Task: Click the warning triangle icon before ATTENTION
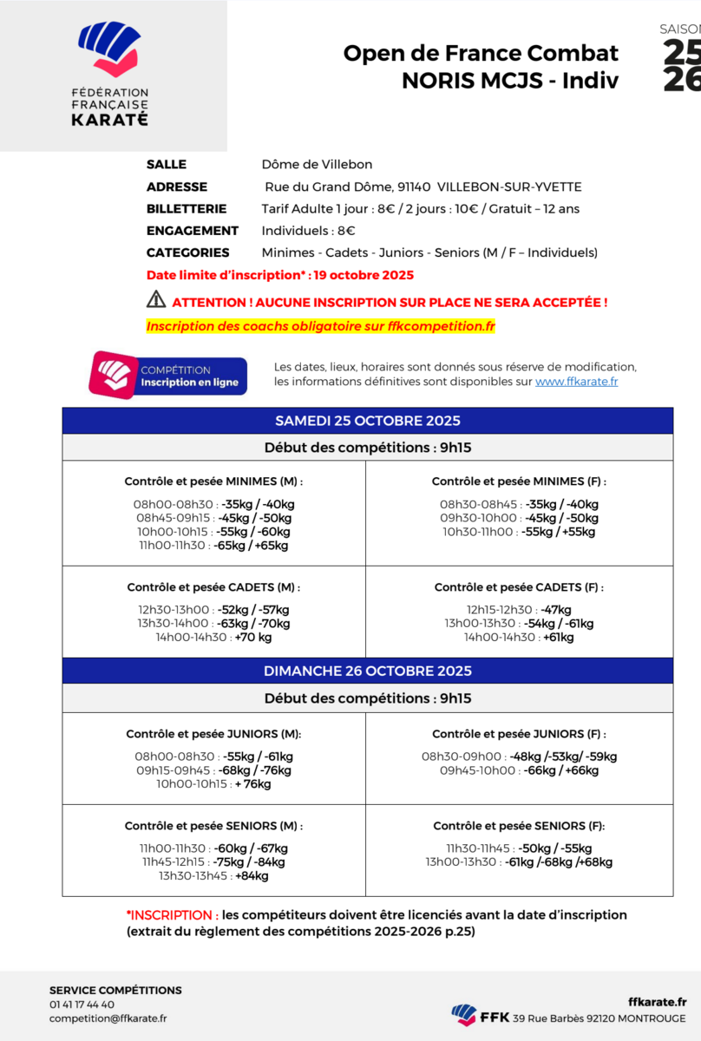pyautogui.click(x=156, y=300)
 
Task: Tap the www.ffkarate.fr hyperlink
pyautogui.click(x=576, y=382)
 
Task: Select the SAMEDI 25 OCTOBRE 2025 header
pyautogui.click(x=367, y=421)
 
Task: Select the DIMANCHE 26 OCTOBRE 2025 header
pyautogui.click(x=367, y=671)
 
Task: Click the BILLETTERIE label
pyautogui.click(x=187, y=208)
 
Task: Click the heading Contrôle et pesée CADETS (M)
pyautogui.click(x=213, y=587)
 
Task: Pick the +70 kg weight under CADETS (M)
pyautogui.click(x=253, y=637)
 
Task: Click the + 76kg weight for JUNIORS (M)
pyautogui.click(x=252, y=784)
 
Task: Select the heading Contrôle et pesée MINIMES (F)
pyautogui.click(x=519, y=481)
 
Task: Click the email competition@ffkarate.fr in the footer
pyautogui.click(x=108, y=1018)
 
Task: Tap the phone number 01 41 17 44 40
pyautogui.click(x=82, y=1005)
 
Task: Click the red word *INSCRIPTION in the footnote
pyautogui.click(x=170, y=915)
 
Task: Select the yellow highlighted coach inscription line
pyautogui.click(x=321, y=327)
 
